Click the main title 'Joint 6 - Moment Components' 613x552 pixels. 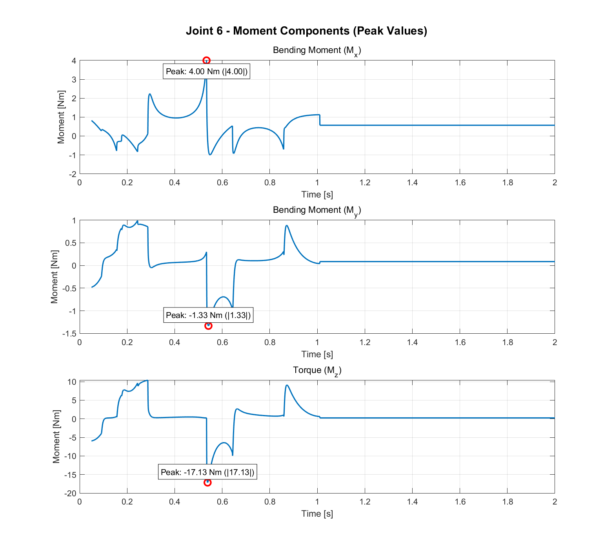point(306,31)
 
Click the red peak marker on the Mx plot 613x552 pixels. point(206,60)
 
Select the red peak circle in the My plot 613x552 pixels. point(208,325)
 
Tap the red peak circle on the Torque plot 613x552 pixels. point(207,482)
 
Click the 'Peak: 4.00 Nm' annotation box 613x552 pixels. point(206,71)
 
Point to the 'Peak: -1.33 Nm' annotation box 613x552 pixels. point(208,315)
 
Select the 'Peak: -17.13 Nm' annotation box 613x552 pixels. point(207,472)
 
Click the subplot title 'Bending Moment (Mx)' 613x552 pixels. point(317,51)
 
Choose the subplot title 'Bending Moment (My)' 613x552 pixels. point(317,210)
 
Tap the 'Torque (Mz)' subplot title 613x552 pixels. point(317,370)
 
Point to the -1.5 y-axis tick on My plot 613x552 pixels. point(69,334)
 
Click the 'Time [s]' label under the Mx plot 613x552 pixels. point(317,194)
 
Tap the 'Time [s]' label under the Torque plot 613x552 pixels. point(317,514)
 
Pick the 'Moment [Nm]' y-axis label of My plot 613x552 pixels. point(55,277)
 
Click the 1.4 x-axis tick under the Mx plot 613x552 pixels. point(412,183)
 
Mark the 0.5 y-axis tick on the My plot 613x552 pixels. point(71,243)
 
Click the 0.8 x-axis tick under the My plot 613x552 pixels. point(270,342)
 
